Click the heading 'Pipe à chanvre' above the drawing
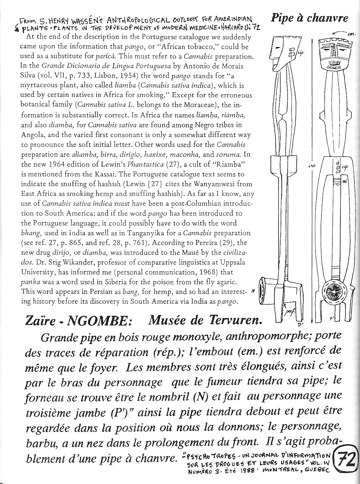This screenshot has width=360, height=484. coord(310,18)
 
